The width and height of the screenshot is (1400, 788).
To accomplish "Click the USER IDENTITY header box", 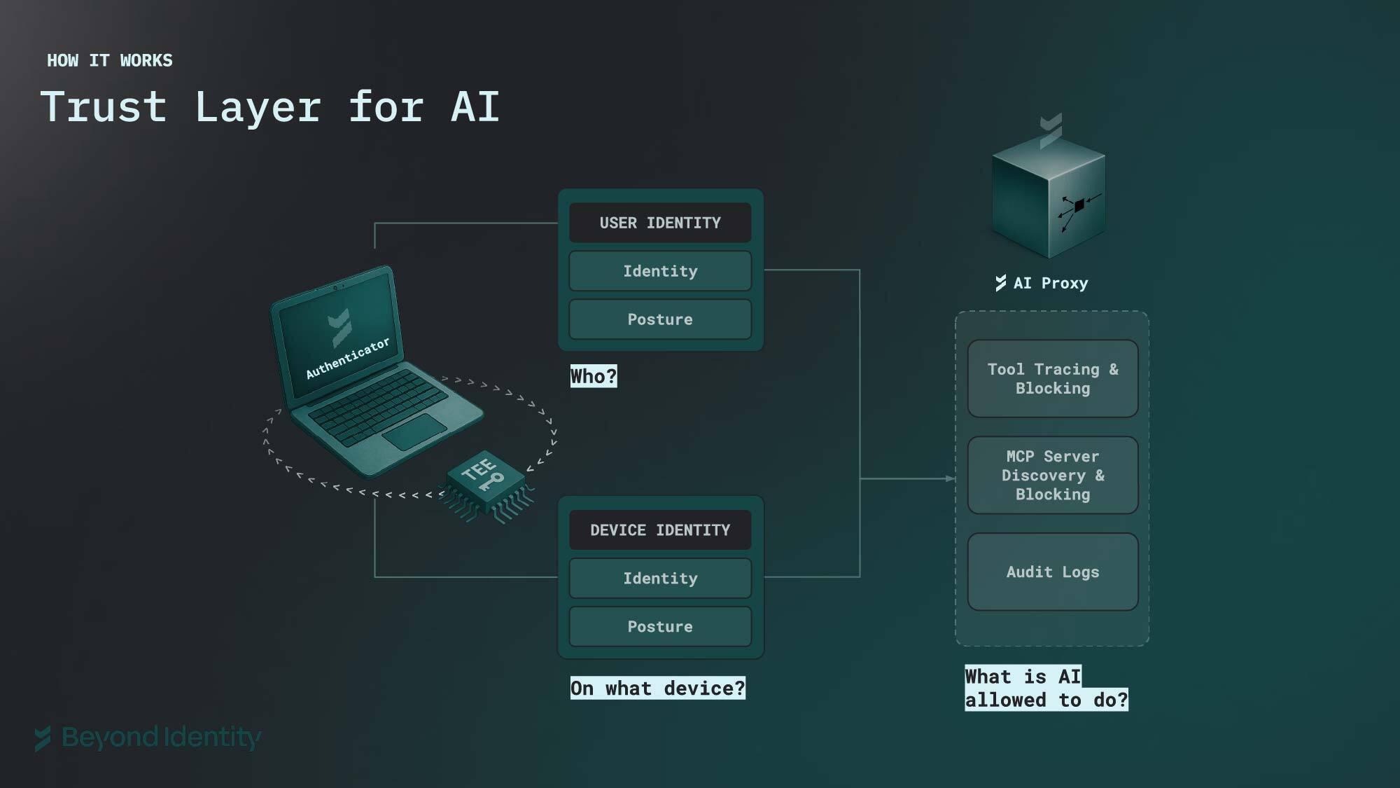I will (660, 223).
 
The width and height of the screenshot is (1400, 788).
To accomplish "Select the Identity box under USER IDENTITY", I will (660, 271).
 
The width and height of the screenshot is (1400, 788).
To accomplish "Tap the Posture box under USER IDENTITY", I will (660, 319).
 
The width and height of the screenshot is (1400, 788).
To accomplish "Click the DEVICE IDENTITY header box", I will (660, 530).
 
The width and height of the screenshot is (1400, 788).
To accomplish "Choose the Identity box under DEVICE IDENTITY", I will (660, 579).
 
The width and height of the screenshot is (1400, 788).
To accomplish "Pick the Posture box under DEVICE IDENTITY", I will (660, 627).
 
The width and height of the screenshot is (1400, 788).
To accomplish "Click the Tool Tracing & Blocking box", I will (1053, 379).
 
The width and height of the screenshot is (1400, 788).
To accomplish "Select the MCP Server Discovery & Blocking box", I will (1053, 476).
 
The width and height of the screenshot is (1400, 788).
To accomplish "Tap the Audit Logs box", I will (1053, 572).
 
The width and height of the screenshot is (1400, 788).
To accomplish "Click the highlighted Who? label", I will (594, 377).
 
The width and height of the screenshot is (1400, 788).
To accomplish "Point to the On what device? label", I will (657, 689).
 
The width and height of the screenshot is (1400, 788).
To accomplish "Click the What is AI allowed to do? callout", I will (1046, 689).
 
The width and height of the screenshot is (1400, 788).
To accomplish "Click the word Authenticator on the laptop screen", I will (347, 359).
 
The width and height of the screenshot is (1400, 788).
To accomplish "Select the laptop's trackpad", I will (414, 431).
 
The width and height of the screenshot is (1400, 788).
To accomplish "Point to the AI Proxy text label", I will (1050, 284).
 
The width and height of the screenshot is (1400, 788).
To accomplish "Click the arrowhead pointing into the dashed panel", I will (950, 478).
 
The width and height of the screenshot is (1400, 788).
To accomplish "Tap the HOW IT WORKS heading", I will (110, 61).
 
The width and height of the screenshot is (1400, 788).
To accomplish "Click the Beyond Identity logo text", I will (161, 738).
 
